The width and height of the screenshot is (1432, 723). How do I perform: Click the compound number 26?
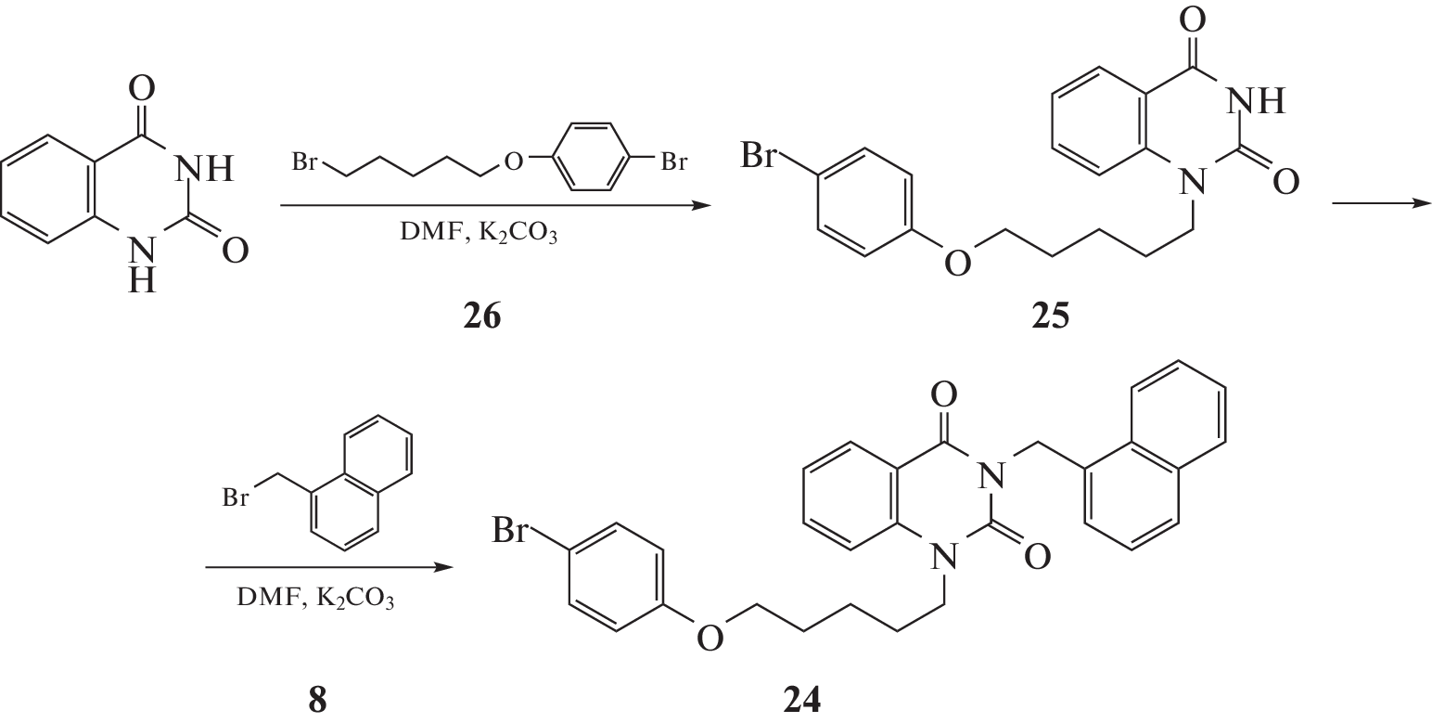click(482, 316)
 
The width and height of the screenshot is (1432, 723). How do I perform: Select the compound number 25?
click(1050, 316)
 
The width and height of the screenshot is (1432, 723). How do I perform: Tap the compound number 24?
click(801, 701)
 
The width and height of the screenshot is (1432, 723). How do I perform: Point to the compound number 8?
click(318, 701)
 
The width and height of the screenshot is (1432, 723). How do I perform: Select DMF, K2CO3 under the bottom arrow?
click(315, 599)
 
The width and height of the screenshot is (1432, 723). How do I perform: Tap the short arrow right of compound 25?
click(1382, 203)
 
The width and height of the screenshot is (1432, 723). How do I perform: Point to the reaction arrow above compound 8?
click(329, 567)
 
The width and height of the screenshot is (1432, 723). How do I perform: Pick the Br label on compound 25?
click(759, 156)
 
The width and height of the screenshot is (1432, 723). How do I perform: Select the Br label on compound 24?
click(509, 531)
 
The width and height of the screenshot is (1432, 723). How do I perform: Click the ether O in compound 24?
click(710, 638)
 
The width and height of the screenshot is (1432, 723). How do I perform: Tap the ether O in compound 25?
click(958, 263)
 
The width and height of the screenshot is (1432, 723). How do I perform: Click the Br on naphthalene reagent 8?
click(236, 497)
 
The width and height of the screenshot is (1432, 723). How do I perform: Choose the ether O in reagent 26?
click(513, 161)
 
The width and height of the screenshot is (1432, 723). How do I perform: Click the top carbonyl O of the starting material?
click(141, 87)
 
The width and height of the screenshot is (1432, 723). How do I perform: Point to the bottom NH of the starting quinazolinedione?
click(141, 265)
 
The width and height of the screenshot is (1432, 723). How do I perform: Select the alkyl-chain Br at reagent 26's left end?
click(304, 161)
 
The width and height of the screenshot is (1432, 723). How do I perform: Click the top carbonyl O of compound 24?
click(943, 394)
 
